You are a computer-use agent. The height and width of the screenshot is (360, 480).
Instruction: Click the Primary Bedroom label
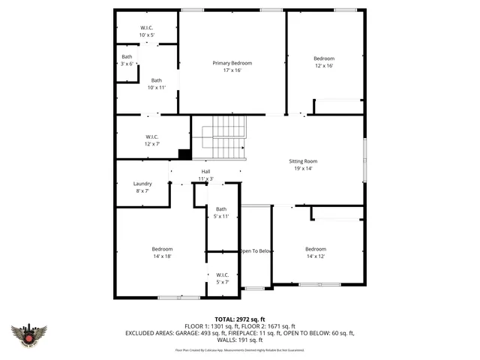(232, 63)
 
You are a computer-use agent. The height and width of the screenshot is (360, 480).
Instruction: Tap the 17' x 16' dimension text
(232, 70)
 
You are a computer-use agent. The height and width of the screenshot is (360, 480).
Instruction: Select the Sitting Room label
(304, 161)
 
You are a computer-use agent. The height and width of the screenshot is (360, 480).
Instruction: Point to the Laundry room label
(142, 184)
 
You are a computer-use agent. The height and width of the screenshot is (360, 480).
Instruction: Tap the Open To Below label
(255, 250)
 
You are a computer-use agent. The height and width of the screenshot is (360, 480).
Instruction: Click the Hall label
(205, 172)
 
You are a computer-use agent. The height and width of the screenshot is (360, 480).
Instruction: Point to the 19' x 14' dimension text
(304, 169)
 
